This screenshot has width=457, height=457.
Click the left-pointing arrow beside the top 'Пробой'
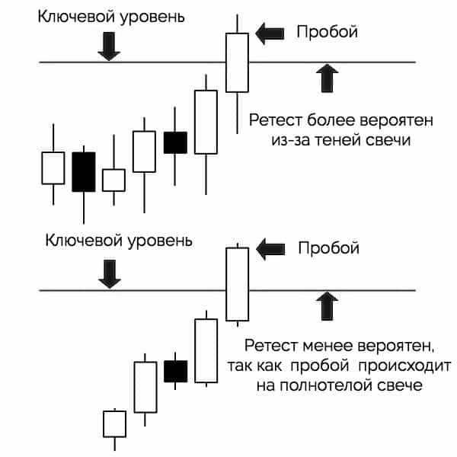pyautogui.click(x=268, y=32)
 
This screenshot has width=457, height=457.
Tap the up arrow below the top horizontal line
pyautogui.click(x=328, y=78)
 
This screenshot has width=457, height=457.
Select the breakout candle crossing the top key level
pyautogui.click(x=237, y=62)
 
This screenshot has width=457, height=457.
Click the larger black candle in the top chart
pyautogui.click(x=83, y=171)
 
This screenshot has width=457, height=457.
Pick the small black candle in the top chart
pyautogui.click(x=175, y=142)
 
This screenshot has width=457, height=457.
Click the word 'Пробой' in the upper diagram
pyautogui.click(x=326, y=32)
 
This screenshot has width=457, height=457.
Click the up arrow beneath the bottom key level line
pyautogui.click(x=328, y=305)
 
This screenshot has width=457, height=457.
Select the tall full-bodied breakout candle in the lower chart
pyautogui.click(x=238, y=283)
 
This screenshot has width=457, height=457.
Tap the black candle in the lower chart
pyautogui.click(x=176, y=371)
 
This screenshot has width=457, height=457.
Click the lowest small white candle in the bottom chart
pyautogui.click(x=114, y=423)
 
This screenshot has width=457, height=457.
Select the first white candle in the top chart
pyautogui.click(x=53, y=168)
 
